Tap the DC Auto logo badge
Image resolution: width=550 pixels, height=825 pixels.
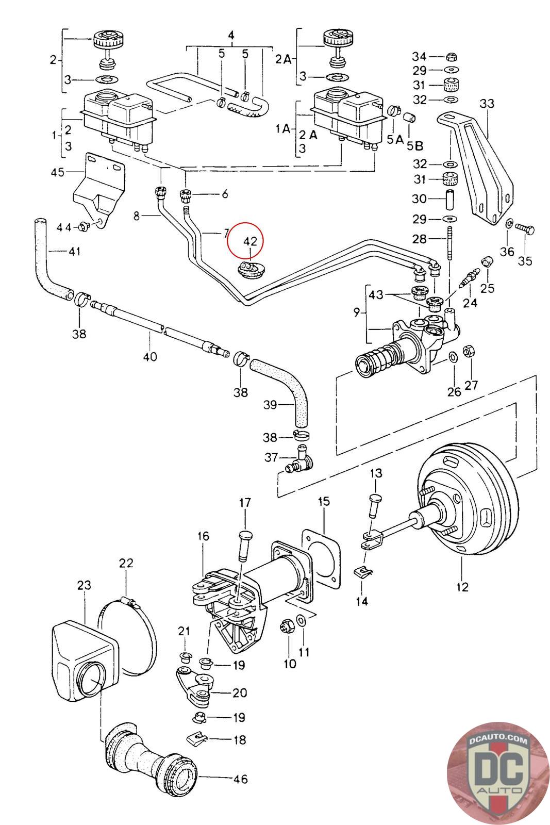click(x=489, y=770)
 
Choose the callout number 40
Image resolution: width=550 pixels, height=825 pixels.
click(x=150, y=356)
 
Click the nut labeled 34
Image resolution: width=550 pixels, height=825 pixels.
click(x=449, y=56)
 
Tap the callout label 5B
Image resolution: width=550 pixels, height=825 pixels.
click(x=413, y=146)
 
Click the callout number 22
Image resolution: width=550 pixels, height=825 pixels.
click(x=126, y=563)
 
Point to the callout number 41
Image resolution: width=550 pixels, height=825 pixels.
click(x=75, y=252)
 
